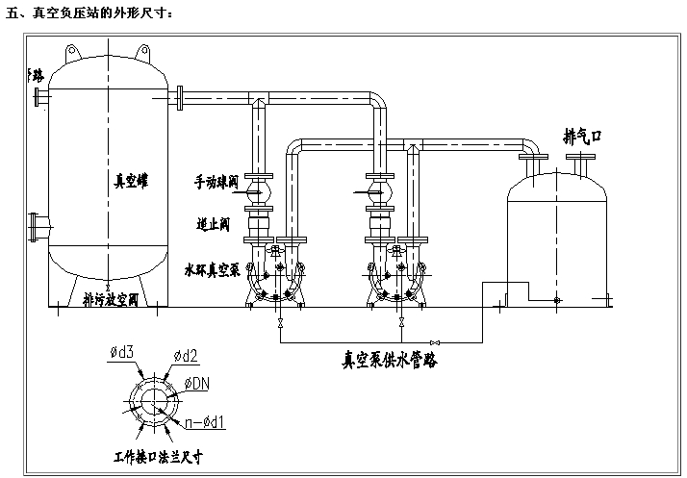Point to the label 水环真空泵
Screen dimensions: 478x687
point(212,270)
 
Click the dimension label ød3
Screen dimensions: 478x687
point(121,356)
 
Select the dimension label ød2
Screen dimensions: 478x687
point(186,356)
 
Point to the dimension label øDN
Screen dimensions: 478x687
point(196,383)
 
